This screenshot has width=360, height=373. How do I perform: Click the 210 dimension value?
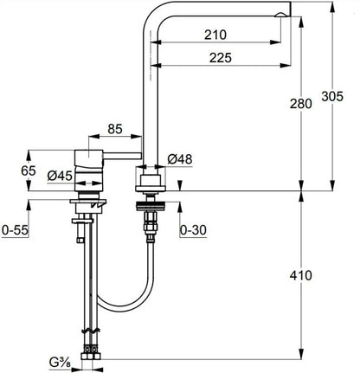click(215, 35)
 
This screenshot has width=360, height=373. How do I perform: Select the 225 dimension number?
click(221, 58)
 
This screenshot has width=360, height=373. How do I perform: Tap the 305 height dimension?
click(332, 96)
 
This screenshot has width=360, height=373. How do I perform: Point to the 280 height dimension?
click(301, 104)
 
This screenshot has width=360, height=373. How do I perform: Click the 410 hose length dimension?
click(301, 275)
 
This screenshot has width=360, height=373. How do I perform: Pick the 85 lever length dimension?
click(115, 129)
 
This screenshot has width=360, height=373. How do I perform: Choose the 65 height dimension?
click(29, 170)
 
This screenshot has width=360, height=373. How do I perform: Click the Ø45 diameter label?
click(60, 176)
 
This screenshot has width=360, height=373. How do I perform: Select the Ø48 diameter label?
click(180, 159)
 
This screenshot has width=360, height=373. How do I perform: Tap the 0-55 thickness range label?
click(15, 230)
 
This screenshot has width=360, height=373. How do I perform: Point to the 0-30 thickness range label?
click(193, 230)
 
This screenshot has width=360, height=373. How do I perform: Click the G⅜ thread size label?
click(60, 363)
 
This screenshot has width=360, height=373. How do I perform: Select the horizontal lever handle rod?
click(122, 156)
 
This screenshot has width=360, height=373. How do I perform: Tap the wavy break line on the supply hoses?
click(92, 330)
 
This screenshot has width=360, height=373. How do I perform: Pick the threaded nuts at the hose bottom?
click(91, 352)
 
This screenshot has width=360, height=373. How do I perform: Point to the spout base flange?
click(151, 189)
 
